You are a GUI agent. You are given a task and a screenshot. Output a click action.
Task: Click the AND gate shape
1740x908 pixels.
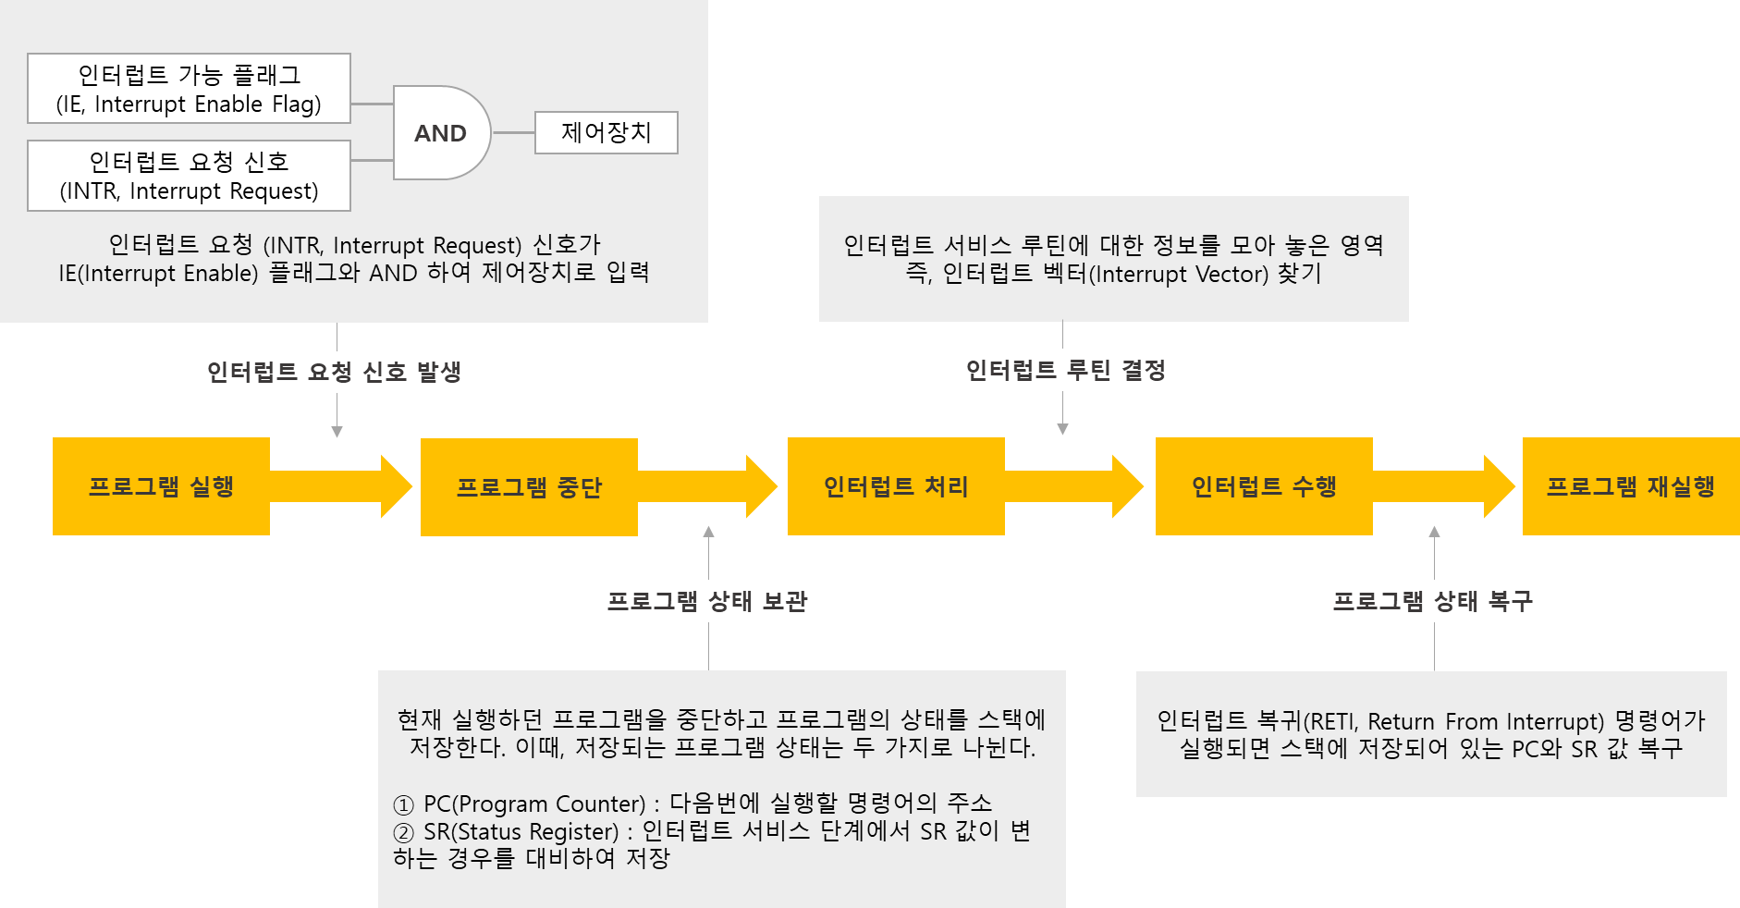click(441, 133)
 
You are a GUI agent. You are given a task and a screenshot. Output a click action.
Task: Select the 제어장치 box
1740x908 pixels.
click(606, 132)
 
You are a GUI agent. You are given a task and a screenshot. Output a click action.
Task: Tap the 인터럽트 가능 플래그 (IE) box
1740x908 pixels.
click(189, 89)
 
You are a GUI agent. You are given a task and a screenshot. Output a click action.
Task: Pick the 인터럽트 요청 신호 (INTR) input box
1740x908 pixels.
click(189, 176)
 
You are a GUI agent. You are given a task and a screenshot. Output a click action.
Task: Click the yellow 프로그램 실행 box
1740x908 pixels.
click(161, 486)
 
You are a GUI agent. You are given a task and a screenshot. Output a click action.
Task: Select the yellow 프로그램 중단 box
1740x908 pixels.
click(529, 487)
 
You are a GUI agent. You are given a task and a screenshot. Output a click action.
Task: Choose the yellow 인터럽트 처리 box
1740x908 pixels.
click(896, 486)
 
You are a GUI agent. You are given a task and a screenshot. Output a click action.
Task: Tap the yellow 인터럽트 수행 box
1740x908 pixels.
click(1264, 486)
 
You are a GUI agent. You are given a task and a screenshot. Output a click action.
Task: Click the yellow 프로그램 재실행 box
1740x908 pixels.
click(1630, 486)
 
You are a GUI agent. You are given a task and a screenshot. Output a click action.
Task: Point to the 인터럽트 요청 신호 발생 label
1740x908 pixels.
click(335, 372)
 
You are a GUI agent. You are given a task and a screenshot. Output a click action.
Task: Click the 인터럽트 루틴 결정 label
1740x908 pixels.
click(1066, 370)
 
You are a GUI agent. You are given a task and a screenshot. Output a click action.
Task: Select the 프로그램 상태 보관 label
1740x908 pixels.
click(707, 601)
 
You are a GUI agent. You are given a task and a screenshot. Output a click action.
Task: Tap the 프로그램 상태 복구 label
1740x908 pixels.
click(1433, 601)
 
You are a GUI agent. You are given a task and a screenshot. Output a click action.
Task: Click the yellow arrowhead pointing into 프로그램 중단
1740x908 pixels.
click(396, 486)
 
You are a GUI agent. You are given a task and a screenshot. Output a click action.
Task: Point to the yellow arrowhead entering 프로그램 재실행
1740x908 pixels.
click(1499, 486)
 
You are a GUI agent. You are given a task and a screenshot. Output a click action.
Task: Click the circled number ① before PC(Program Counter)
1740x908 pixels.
click(404, 804)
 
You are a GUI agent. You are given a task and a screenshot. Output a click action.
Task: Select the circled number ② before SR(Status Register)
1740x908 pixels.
click(404, 832)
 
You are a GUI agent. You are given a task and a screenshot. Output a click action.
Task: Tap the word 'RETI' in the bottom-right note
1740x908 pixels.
click(1330, 721)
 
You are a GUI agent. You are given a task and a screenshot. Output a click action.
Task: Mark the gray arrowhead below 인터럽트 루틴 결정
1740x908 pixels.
click(1062, 429)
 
